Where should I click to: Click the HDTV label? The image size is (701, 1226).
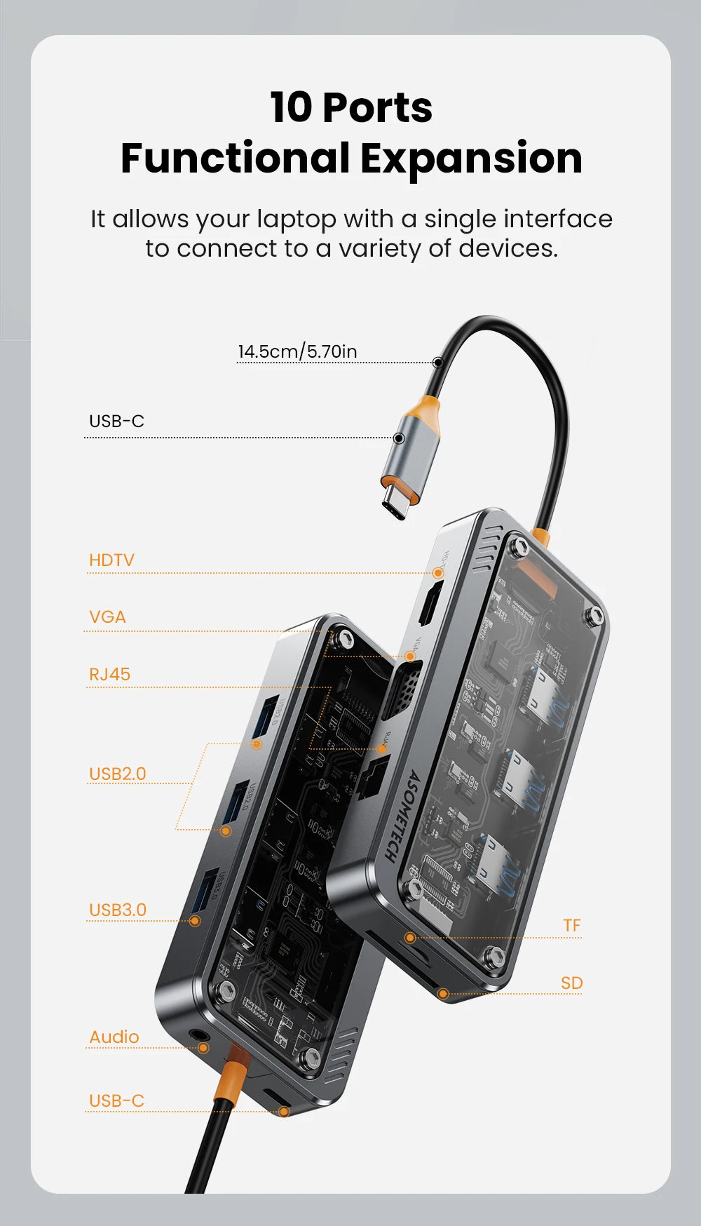click(x=111, y=560)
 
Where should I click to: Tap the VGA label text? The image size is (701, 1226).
click(x=107, y=617)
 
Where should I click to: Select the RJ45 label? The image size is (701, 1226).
click(x=109, y=675)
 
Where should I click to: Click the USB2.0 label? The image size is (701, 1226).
click(x=117, y=774)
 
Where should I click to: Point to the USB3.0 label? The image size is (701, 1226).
click(x=117, y=910)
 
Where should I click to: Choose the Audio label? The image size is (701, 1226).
click(x=114, y=1037)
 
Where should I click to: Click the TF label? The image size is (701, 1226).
click(x=572, y=926)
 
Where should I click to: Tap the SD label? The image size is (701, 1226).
click(x=572, y=983)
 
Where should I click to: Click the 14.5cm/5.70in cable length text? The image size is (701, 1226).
click(x=297, y=351)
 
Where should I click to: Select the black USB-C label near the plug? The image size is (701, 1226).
click(x=116, y=422)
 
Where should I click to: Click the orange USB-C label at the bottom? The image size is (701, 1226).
click(x=116, y=1101)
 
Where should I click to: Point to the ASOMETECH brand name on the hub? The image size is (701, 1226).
click(x=402, y=816)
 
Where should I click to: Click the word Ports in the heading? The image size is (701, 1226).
click(x=377, y=108)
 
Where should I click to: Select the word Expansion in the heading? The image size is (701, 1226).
click(x=471, y=159)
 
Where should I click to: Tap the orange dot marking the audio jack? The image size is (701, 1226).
click(x=203, y=1048)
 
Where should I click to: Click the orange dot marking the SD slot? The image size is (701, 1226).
click(x=443, y=993)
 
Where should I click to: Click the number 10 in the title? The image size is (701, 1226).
click(x=291, y=108)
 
